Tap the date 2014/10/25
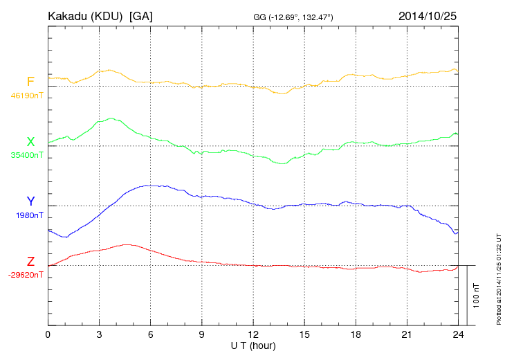[428, 15]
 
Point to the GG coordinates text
[293, 16]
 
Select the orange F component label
[30, 82]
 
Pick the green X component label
[30, 142]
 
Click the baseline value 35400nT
[27, 155]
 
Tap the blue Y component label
[30, 201]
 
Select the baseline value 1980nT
[28, 215]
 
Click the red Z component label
[30, 262]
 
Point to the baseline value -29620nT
[26, 275]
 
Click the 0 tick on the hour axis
[48, 334]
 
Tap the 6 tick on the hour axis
[150, 334]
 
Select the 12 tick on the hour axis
[253, 334]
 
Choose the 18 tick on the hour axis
[356, 334]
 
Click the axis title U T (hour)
[253, 345]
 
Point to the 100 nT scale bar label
[476, 295]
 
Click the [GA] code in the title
[141, 15]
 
